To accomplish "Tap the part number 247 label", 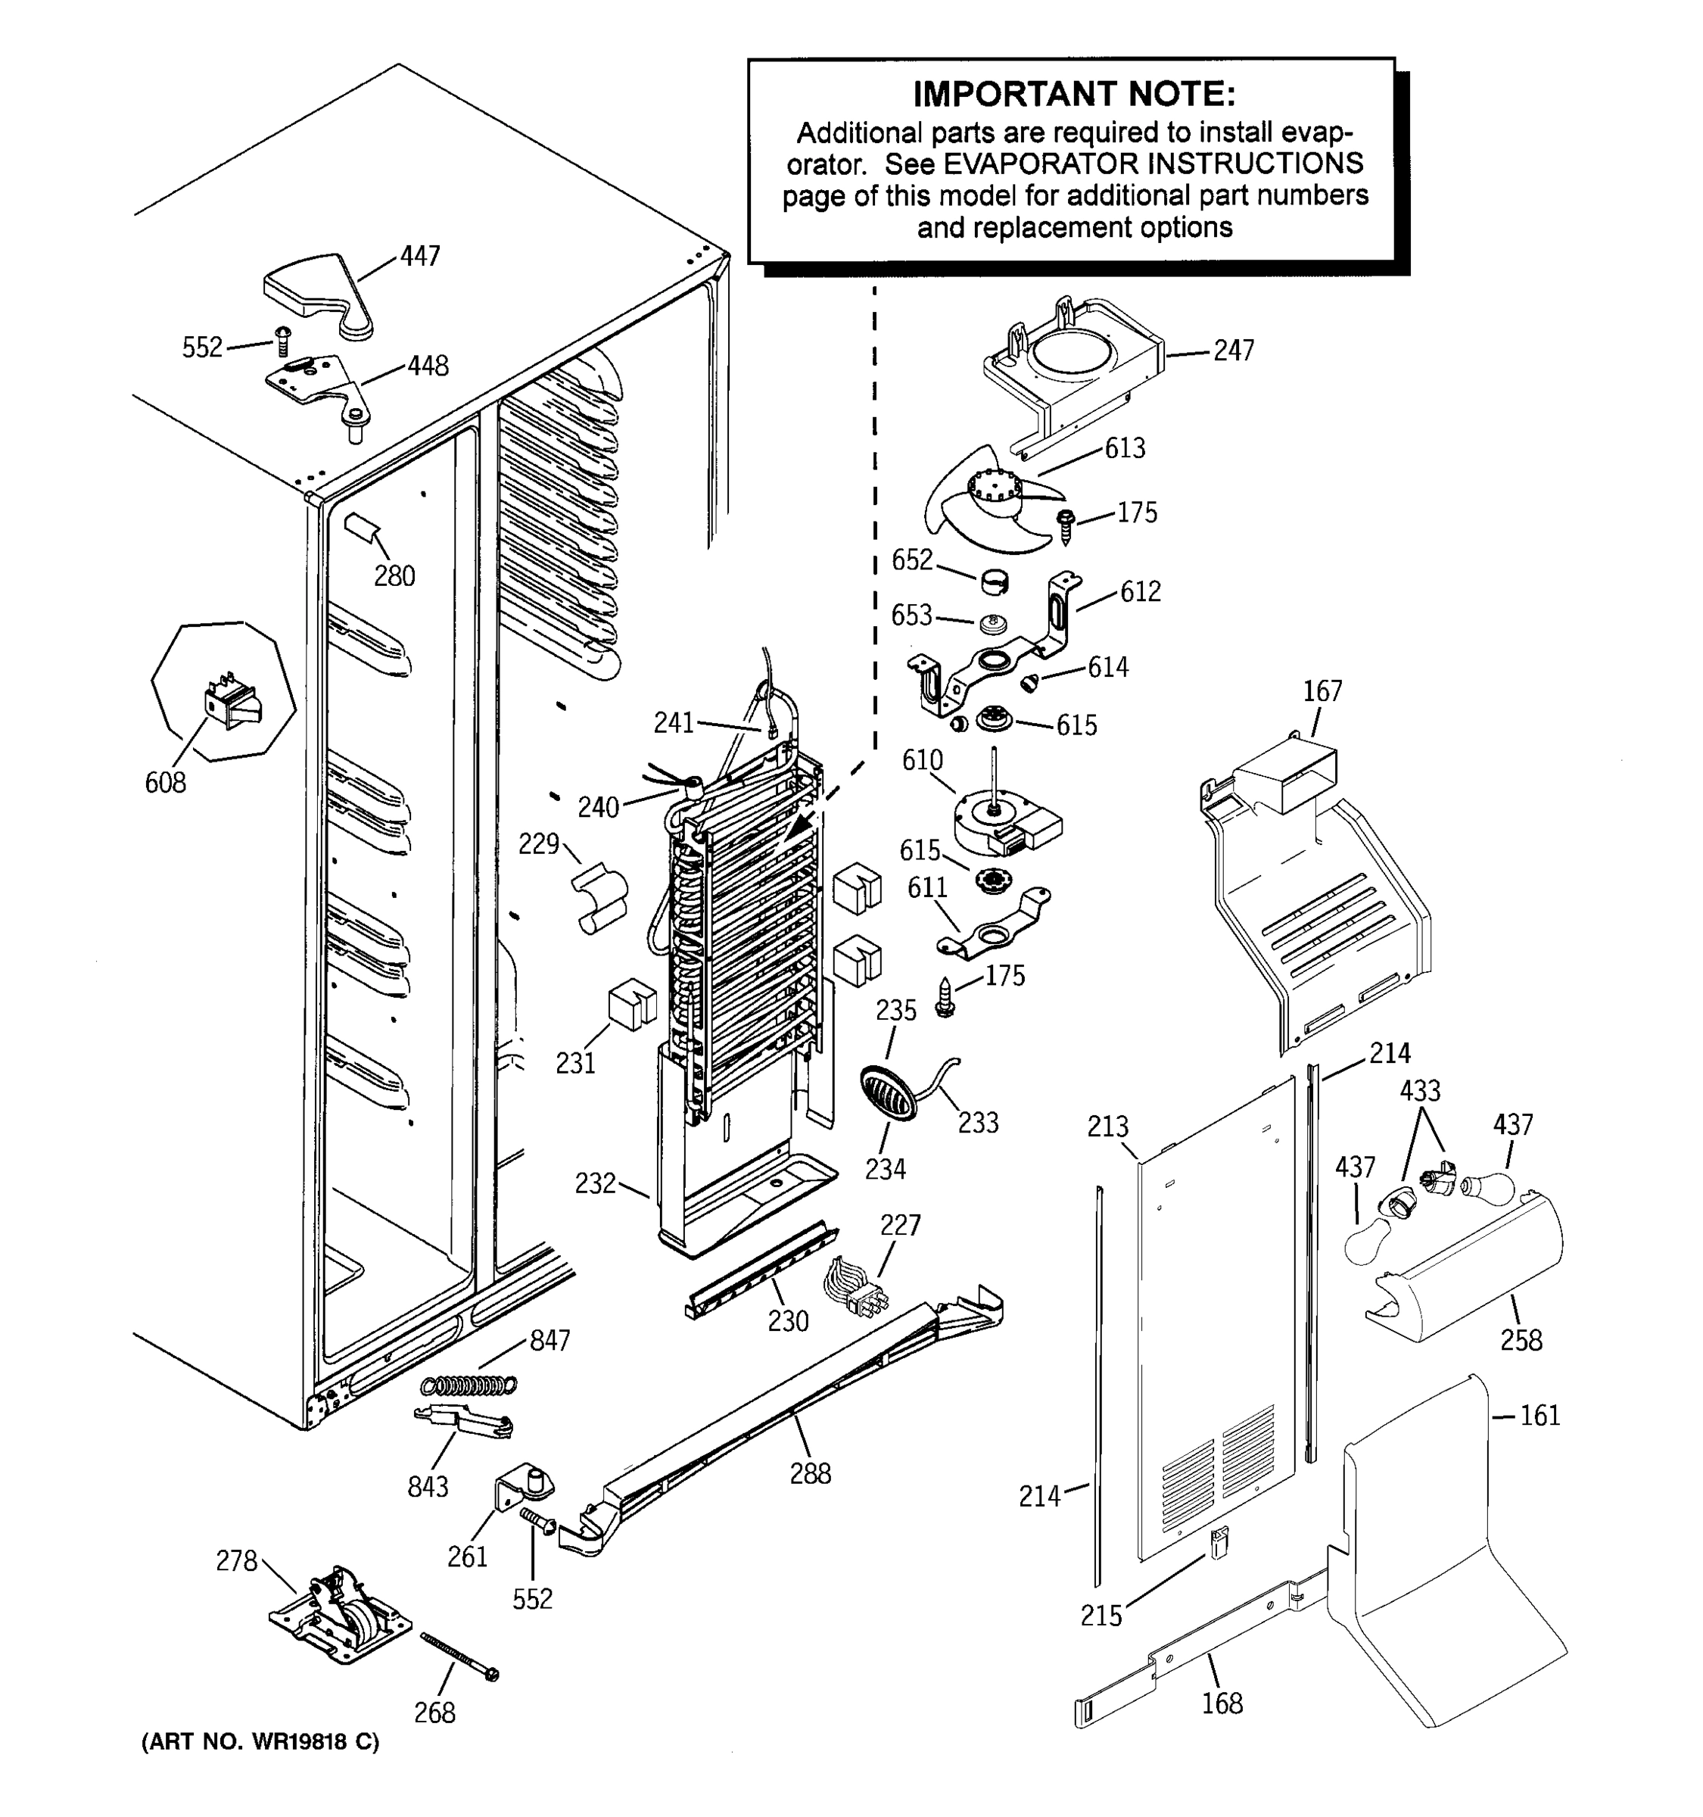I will (1234, 350).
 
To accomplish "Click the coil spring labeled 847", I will (469, 1385).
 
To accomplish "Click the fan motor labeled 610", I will (1003, 821).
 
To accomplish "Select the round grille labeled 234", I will (887, 1093).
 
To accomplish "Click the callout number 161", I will (1540, 1416).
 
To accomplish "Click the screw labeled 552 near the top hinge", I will (282, 343).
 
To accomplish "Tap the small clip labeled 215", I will (1219, 1543).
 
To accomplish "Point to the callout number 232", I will (595, 1183).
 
